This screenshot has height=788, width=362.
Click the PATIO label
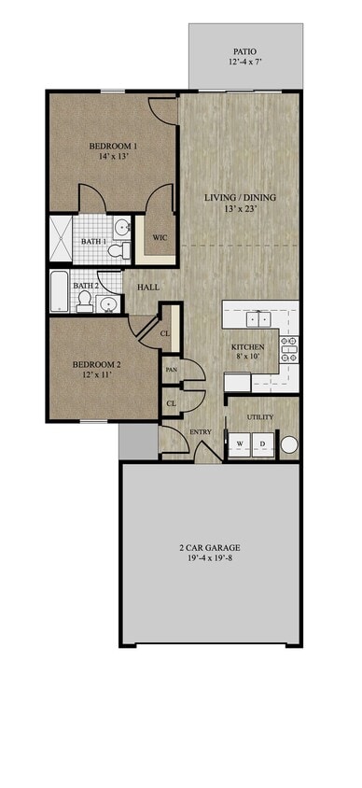coord(245,52)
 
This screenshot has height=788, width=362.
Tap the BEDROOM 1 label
coord(114,146)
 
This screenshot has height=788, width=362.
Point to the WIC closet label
coord(160,237)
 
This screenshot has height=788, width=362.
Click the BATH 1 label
coord(93,242)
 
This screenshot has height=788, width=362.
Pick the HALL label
coord(148,287)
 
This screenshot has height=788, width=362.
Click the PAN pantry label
coord(172,370)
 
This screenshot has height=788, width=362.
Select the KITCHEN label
coord(248,347)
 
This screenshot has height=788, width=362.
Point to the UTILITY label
coord(260,415)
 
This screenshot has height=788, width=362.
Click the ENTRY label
coord(200,431)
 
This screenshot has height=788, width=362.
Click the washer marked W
coord(240,443)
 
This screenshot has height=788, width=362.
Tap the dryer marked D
coord(262,443)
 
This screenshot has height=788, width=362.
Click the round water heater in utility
coord(288,444)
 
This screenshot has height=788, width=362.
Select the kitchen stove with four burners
coord(289,349)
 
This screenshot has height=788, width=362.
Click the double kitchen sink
coord(257,317)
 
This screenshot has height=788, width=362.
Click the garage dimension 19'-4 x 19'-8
coord(211,560)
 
